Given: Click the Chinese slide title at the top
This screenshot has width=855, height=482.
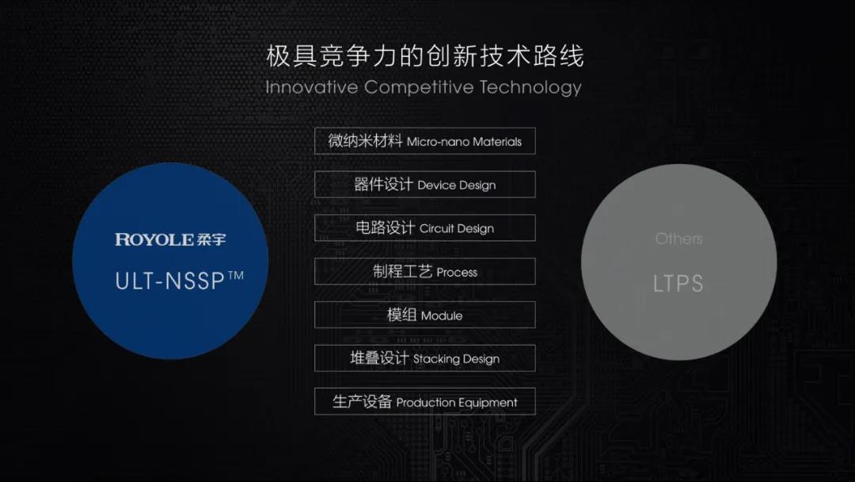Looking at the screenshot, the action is tap(425, 56).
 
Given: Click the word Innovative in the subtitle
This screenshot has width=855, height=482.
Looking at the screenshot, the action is tap(311, 87).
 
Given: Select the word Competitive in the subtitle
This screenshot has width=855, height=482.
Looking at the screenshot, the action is tap(419, 87).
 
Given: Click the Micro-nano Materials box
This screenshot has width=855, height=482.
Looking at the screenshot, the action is tap(425, 141).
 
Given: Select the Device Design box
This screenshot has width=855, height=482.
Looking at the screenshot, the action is tap(425, 185).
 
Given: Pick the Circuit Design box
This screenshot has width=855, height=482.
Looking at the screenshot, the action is tap(425, 228).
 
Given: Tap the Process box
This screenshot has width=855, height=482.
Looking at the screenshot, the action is tap(425, 271).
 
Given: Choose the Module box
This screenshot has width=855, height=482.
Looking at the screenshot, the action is tap(425, 315).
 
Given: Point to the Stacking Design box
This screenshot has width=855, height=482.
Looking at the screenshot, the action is tap(425, 358).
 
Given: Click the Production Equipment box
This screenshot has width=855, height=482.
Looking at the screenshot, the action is tap(425, 402).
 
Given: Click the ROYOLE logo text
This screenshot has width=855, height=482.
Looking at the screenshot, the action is tap(154, 239).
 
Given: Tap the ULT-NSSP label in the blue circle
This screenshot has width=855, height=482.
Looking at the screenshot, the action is tap(170, 281).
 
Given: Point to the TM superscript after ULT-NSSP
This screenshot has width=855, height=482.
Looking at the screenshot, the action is tap(236, 276).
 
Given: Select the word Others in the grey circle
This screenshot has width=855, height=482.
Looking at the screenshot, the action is tap(679, 239).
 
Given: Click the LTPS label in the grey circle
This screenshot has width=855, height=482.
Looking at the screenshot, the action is tap(678, 283).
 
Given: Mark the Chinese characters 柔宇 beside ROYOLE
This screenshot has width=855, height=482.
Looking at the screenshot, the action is tap(211, 239).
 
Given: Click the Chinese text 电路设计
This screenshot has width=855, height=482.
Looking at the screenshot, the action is tap(385, 228).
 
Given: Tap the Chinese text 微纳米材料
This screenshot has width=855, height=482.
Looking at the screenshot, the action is tap(365, 141).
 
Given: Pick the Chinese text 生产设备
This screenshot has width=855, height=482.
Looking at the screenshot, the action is tap(362, 402).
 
